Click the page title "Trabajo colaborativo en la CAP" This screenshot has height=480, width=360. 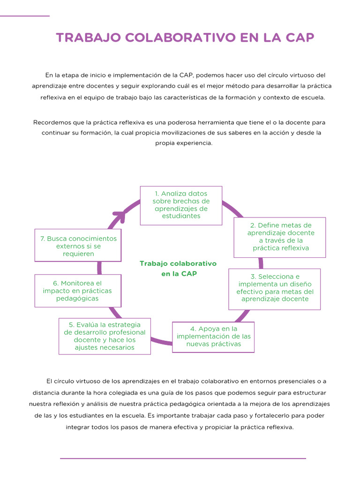pyautogui.click(x=185, y=38)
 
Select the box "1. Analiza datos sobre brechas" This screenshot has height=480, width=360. pyautogui.click(x=181, y=205)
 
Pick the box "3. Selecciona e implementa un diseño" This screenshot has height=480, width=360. pyautogui.click(x=274, y=288)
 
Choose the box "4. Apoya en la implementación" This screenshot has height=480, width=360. pyautogui.click(x=213, y=337)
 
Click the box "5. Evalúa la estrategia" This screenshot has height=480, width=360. pyautogui.click(x=105, y=336)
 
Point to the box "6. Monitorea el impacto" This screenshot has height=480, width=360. pyautogui.click(x=77, y=291)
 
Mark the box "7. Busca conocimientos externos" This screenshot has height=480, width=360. pyautogui.click(x=78, y=246)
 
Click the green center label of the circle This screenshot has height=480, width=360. pyautogui.click(x=178, y=269)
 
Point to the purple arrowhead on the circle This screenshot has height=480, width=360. pyautogui.click(x=120, y=217)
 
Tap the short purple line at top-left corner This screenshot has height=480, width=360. pyautogui.click(x=24, y=16)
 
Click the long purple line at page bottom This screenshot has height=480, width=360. pyautogui.click(x=183, y=458)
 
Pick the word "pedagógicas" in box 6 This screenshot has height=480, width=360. pyautogui.click(x=77, y=298)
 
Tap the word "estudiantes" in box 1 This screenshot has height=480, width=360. pyautogui.click(x=181, y=216)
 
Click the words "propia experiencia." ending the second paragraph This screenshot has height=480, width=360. pyautogui.click(x=184, y=143)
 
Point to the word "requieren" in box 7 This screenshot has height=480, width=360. pyautogui.click(x=78, y=254)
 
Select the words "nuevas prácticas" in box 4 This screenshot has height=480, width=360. pyautogui.click(x=213, y=344)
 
